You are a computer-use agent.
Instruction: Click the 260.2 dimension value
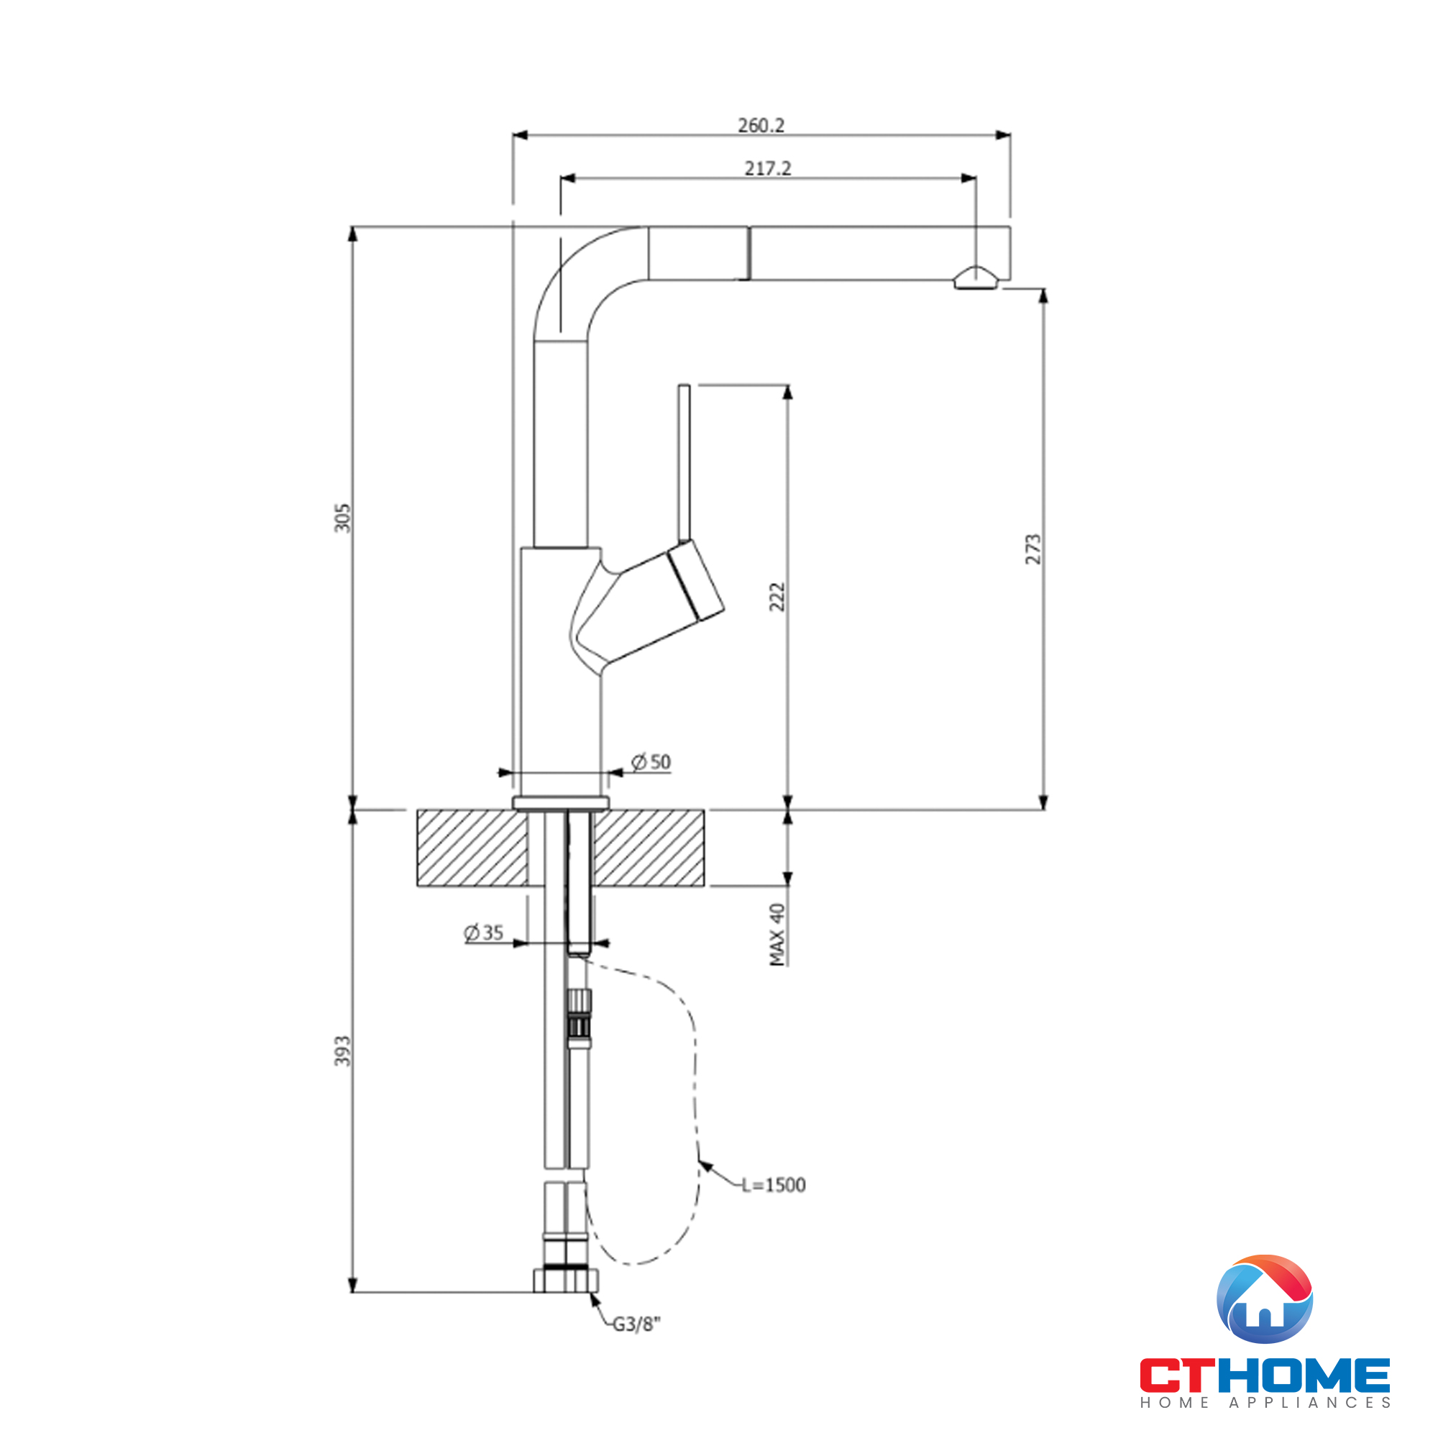pyautogui.click(x=761, y=125)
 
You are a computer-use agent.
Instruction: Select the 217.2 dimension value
pyautogui.click(x=767, y=168)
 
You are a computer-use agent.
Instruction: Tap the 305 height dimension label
pyautogui.click(x=342, y=517)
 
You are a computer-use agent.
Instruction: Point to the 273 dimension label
pyautogui.click(x=1033, y=549)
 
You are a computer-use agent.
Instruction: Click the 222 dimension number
pyautogui.click(x=777, y=597)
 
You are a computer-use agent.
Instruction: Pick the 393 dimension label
pyautogui.click(x=342, y=1050)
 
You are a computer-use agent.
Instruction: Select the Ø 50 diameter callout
pyautogui.click(x=651, y=761)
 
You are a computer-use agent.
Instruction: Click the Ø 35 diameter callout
pyautogui.click(x=483, y=932)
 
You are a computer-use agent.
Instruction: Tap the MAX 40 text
pyautogui.click(x=777, y=935)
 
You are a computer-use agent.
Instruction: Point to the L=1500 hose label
pyautogui.click(x=774, y=1185)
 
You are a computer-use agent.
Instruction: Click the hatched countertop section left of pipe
pyautogui.click(x=472, y=848)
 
